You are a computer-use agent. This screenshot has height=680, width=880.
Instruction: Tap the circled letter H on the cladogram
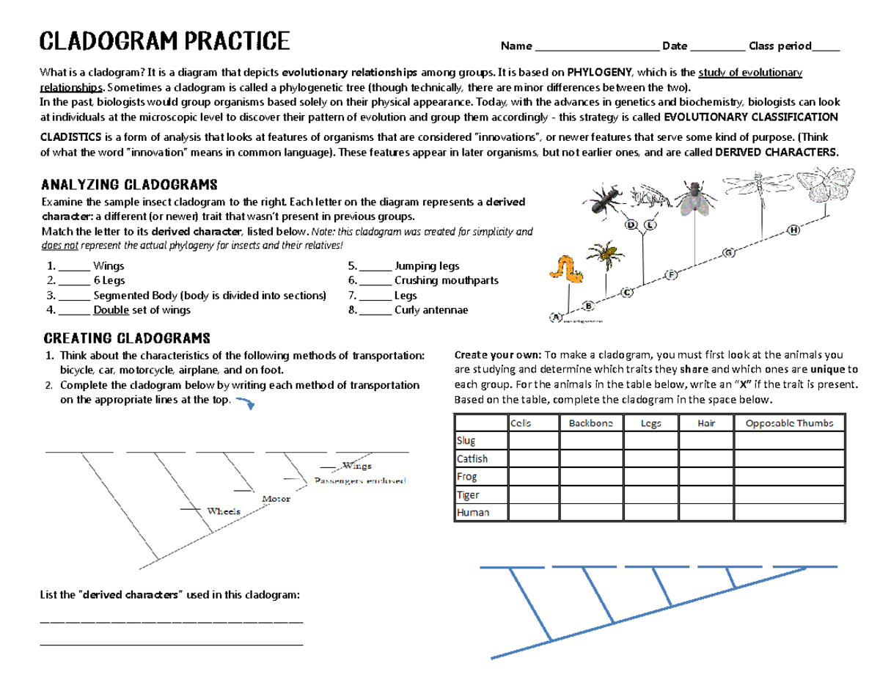pyautogui.click(x=793, y=230)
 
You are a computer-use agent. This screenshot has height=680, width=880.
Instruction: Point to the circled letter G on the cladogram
pyautogui.click(x=728, y=253)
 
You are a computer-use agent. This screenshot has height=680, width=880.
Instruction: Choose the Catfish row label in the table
pyautogui.click(x=472, y=458)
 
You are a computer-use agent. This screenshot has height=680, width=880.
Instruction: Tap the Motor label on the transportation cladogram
pyautogui.click(x=276, y=499)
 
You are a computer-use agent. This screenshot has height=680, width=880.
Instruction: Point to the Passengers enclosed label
pyautogui.click(x=359, y=481)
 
